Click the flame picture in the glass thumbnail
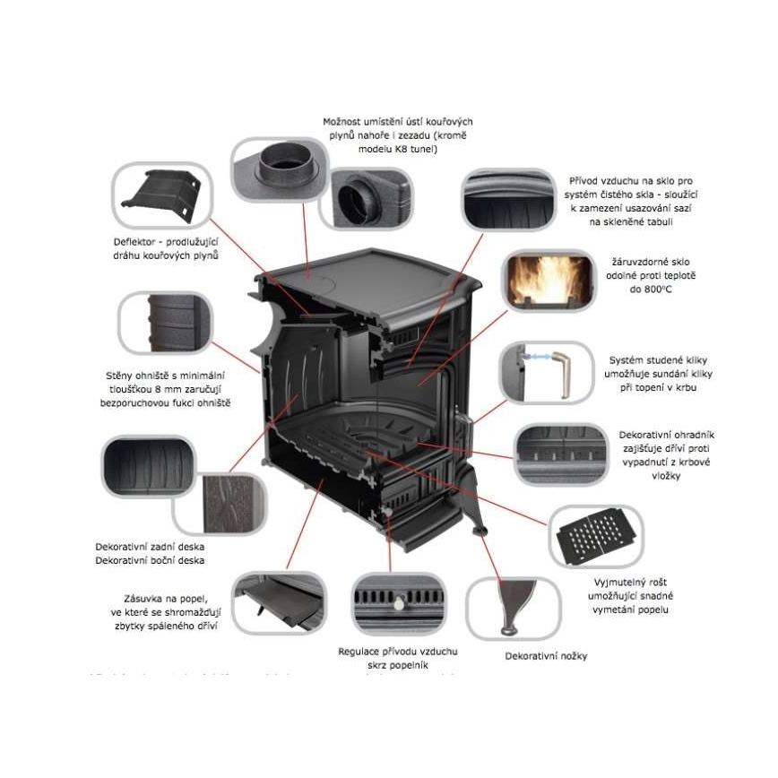pos(549,277)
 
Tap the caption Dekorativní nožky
pos(547,656)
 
